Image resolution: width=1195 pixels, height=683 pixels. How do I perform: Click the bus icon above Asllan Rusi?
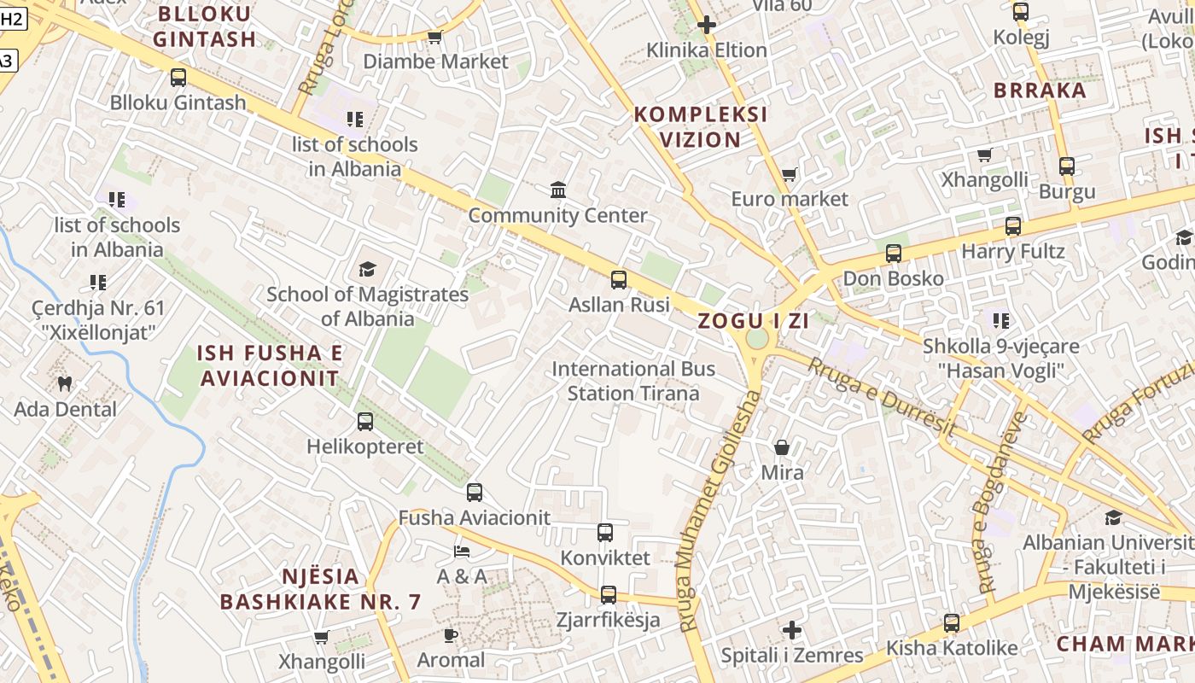[619, 279]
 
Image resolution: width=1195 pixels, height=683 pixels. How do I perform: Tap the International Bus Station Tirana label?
[633, 381]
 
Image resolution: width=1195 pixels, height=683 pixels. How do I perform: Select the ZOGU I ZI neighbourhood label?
[753, 322]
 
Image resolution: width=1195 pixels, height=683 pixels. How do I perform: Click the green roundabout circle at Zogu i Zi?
[756, 339]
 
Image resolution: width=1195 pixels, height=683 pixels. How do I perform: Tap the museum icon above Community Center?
[558, 189]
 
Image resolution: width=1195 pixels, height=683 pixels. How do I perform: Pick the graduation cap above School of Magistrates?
[367, 270]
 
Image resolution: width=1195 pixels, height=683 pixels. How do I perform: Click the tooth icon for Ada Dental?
[64, 384]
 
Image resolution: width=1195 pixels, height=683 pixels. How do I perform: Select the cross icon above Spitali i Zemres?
[792, 631]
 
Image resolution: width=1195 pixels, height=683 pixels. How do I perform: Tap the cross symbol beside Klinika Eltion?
[706, 25]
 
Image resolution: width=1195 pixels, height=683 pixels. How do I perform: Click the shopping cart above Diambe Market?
[434, 37]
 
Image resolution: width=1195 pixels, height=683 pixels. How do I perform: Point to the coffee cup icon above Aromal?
[451, 635]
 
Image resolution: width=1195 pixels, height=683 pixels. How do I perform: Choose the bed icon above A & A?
[461, 552]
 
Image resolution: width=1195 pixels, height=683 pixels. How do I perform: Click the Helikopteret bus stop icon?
[365, 421]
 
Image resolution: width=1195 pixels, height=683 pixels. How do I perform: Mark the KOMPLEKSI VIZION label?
[701, 127]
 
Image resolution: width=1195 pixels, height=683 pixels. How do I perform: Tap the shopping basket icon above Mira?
[781, 447]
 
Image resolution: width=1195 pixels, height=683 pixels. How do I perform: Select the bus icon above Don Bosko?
[894, 254]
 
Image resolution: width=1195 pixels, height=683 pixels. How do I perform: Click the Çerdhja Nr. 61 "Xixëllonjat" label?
[98, 320]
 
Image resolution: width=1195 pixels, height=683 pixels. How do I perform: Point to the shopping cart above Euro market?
[789, 175]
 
